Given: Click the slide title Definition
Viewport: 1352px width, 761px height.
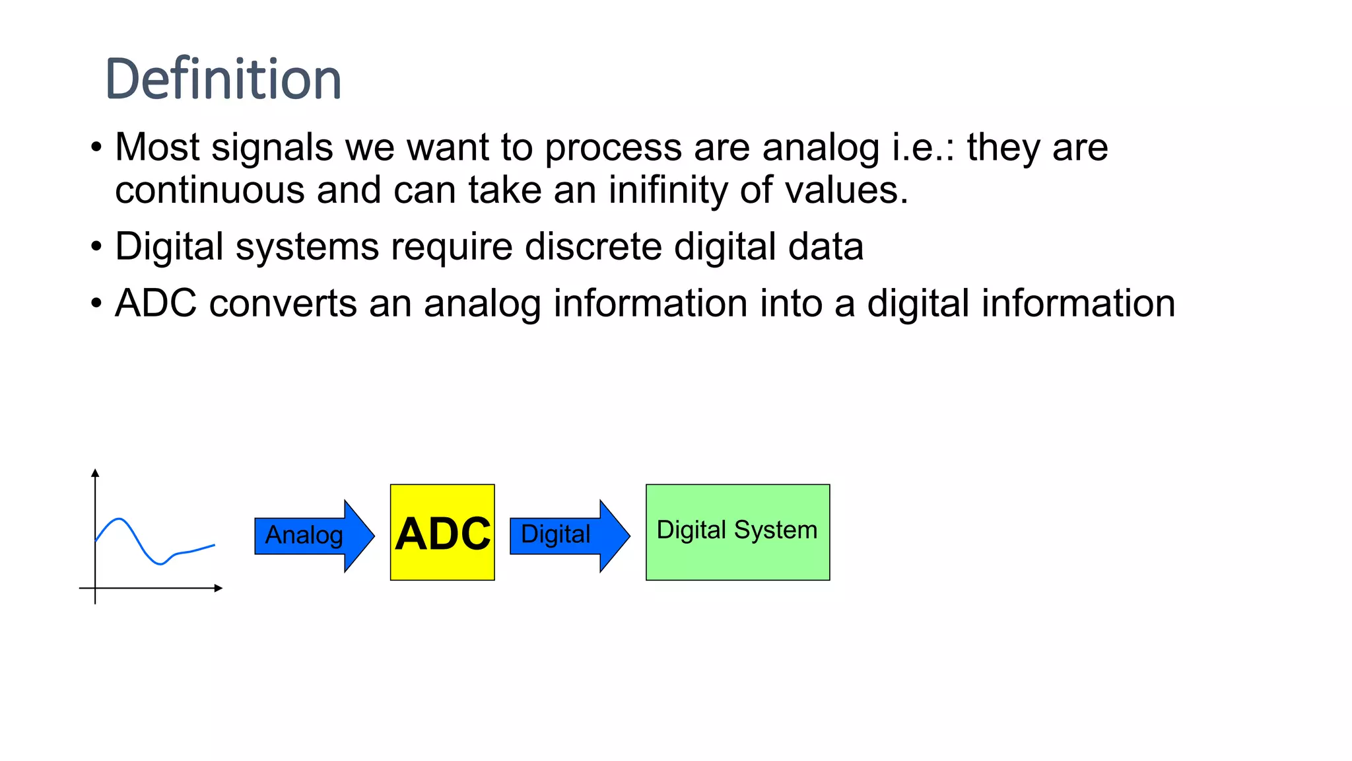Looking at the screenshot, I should coord(223,79).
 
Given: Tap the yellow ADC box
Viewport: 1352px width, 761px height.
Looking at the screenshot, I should coord(442,532).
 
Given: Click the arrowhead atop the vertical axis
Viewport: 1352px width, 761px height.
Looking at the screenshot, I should coord(95,473).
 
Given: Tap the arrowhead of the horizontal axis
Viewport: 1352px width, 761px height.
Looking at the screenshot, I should coord(219,588).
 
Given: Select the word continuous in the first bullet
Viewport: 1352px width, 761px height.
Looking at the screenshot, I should coord(209,190).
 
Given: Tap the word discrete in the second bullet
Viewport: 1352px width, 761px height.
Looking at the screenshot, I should coord(593,247).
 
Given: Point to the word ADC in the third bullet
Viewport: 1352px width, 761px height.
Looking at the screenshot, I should coord(156,304).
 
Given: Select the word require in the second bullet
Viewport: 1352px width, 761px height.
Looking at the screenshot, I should coord(452,247).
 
